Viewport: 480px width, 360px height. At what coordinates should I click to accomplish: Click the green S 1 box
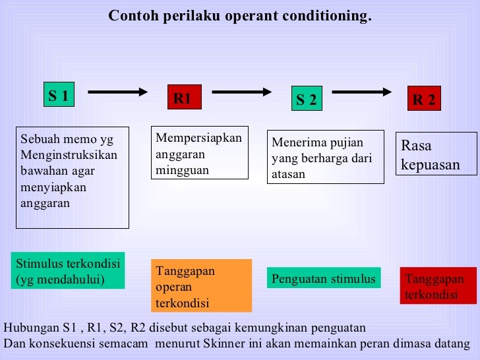58,96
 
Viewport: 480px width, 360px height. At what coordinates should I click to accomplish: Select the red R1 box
182,99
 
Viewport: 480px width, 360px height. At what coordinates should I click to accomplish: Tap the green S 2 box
306,100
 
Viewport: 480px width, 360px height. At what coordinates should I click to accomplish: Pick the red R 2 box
423,100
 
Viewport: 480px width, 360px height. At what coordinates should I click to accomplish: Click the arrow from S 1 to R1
117,93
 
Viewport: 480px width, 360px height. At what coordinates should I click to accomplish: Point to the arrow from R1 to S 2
242,92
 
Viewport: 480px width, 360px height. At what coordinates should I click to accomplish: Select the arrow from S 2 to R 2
362,92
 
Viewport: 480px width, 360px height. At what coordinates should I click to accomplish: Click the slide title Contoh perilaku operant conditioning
240,16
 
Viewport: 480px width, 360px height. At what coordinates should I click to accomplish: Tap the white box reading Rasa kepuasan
436,155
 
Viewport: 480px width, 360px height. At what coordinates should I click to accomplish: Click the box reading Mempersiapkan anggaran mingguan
199,153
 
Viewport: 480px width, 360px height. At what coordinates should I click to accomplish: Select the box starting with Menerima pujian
326,158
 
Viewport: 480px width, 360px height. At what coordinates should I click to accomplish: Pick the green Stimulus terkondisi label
68,271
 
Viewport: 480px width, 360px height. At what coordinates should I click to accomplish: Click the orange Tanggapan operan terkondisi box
202,285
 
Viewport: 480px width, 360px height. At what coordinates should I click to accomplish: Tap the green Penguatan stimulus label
323,278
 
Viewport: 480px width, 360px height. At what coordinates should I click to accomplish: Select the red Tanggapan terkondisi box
437,286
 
